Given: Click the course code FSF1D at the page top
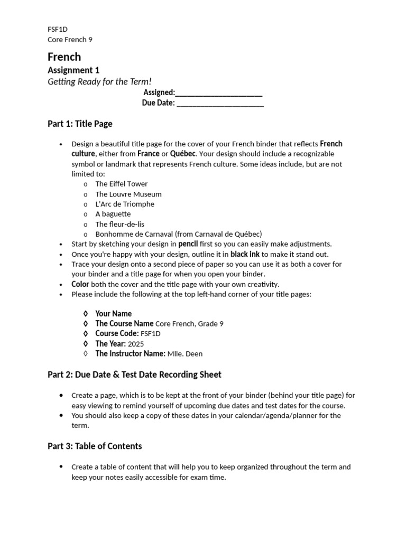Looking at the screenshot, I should tap(58, 29).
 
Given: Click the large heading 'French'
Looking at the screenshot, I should tap(64, 57).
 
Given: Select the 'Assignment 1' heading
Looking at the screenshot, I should tap(73, 70).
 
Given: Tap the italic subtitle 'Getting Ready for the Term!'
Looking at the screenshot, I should tap(99, 81).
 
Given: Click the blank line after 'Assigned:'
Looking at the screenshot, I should tap(219, 93).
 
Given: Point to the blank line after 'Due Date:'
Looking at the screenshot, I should tap(220, 103).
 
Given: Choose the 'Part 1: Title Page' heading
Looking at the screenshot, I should tap(80, 124).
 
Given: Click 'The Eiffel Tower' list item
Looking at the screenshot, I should tap(122, 184).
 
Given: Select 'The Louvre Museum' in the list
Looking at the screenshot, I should tap(128, 194).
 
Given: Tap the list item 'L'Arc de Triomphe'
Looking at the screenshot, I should tap(125, 204).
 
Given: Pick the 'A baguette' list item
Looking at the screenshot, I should tap(113, 214).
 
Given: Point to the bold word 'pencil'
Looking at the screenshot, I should tap(188, 244).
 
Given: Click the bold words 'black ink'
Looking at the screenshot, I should tap(245, 254).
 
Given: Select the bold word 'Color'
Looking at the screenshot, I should tap(80, 284).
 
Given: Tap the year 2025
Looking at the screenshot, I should tap(136, 344).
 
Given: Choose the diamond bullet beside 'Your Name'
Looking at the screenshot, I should tap(86, 314).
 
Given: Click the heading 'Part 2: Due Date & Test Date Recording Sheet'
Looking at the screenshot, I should tap(134, 375).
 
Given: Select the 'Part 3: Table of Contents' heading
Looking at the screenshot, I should tap(95, 446).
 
